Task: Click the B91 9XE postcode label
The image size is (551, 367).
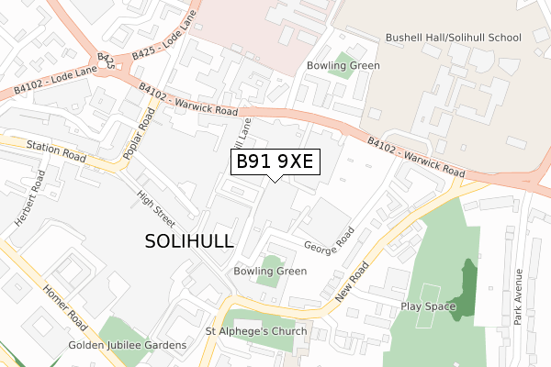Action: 275,161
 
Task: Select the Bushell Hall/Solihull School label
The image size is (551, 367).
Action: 453,38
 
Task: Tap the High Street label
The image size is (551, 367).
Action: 154,208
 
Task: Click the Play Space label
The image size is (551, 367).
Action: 428,306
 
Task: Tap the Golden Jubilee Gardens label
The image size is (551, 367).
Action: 128,345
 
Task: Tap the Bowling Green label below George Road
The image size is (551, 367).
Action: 270,272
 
